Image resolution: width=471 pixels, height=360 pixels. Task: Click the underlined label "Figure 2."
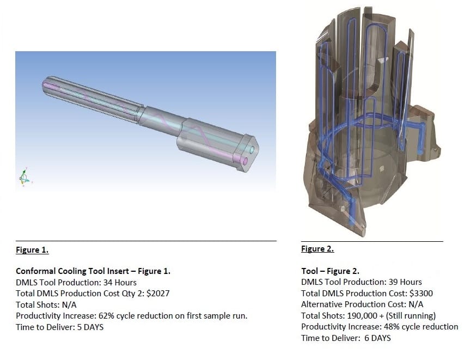[x=317, y=249]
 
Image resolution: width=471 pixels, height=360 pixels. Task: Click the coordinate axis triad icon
[x=23, y=176]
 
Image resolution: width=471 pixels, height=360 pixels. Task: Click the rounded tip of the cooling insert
[x=45, y=86]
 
